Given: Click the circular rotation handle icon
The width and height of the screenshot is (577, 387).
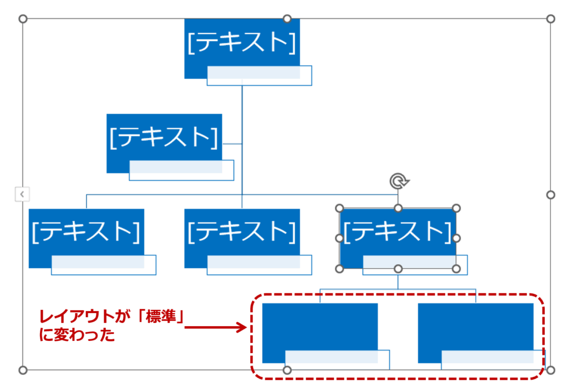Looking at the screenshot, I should (x=398, y=181).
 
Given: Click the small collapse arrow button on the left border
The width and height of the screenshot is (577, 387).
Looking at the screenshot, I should (x=22, y=194).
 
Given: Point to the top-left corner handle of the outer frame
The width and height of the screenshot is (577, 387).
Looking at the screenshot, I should (x=23, y=19).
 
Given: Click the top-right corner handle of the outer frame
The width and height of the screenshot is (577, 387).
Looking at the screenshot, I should (x=551, y=19).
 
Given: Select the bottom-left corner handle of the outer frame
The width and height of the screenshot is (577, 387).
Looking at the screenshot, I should (x=23, y=370).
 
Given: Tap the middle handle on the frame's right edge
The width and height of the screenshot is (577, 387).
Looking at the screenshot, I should (x=551, y=194).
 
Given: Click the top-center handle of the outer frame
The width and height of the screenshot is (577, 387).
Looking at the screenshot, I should (x=287, y=19).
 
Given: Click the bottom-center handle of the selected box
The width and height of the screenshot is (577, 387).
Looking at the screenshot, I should (x=398, y=269).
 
